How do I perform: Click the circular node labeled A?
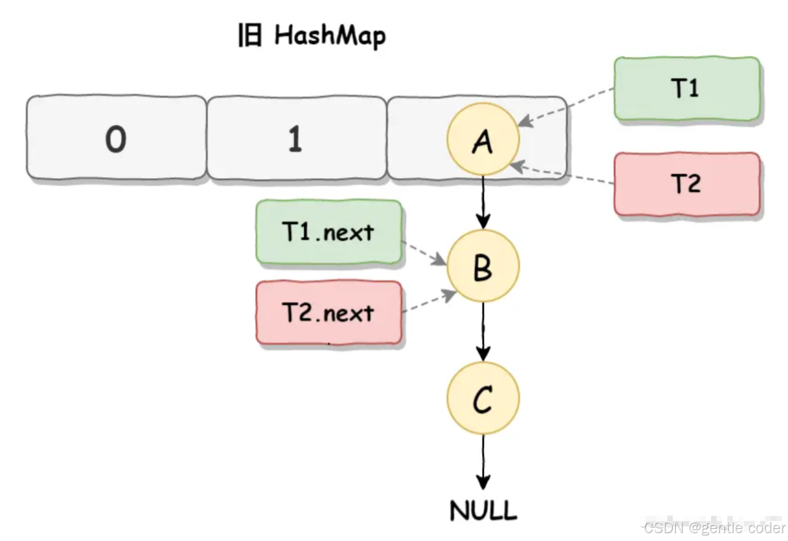pyautogui.click(x=482, y=139)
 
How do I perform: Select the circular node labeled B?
pyautogui.click(x=482, y=266)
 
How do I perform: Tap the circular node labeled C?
pyautogui.click(x=482, y=398)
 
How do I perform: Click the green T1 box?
pyautogui.click(x=687, y=89)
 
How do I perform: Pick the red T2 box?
pyautogui.click(x=687, y=184)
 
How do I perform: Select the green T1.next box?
pyautogui.click(x=329, y=232)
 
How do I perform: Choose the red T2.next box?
pyautogui.click(x=329, y=313)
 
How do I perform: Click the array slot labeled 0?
pyautogui.click(x=116, y=138)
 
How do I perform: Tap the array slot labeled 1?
pyautogui.click(x=295, y=138)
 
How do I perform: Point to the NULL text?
pyautogui.click(x=482, y=511)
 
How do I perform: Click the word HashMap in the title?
pyautogui.click(x=330, y=36)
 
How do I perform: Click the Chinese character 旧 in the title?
pyautogui.click(x=249, y=36)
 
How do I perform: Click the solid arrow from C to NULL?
pyautogui.click(x=482, y=460)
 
